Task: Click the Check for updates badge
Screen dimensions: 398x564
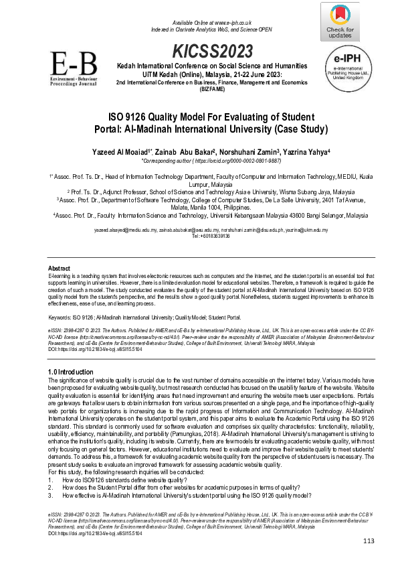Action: (x=341, y=21)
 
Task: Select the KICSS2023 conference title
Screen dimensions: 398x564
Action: (x=212, y=52)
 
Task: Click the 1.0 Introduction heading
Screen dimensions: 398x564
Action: (x=71, y=371)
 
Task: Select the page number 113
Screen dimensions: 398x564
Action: (x=369, y=541)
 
